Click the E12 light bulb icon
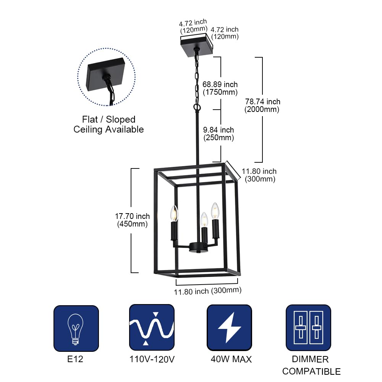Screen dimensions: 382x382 click(x=76, y=328)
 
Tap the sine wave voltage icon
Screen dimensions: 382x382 click(x=152, y=327)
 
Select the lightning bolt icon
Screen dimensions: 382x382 click(x=229, y=327)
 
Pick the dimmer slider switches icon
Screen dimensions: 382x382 click(x=308, y=327)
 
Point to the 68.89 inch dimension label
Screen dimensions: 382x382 click(x=220, y=88)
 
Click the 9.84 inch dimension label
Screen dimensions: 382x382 click(x=219, y=134)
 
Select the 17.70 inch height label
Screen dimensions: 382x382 click(x=132, y=220)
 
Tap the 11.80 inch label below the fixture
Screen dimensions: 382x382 click(x=208, y=291)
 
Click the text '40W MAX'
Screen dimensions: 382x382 click(x=231, y=359)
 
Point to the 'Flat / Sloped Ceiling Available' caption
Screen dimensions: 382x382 click(x=108, y=125)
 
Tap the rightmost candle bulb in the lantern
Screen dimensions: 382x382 click(x=215, y=210)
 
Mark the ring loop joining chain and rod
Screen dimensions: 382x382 click(x=197, y=108)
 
